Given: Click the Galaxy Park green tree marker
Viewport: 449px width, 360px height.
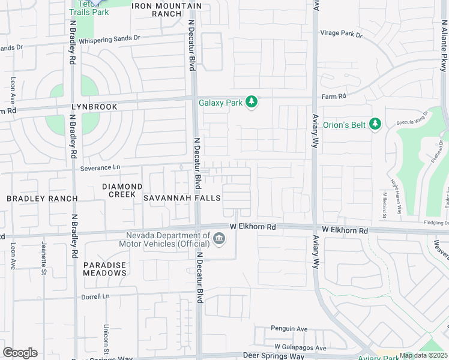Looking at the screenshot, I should click(x=252, y=103).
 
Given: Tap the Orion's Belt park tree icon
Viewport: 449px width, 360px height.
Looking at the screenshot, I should click(x=375, y=124).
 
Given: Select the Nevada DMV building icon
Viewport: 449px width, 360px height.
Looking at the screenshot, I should click(x=219, y=239).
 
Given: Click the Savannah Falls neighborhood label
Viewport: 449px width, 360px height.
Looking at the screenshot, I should click(x=181, y=198).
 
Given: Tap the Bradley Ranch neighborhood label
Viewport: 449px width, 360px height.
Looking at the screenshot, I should click(x=42, y=198).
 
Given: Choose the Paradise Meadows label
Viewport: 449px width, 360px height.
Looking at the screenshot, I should click(x=105, y=269).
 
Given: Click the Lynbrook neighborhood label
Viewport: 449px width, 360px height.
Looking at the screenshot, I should click(x=94, y=106).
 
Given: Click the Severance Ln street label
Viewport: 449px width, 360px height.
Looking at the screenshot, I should click(x=100, y=168).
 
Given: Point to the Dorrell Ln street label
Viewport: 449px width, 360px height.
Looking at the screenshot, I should click(x=96, y=296).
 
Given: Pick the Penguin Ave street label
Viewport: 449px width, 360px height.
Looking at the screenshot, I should click(x=289, y=329).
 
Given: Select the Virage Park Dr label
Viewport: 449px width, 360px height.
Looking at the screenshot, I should click(x=342, y=34).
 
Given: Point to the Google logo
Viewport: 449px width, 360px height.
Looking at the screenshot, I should click(x=20, y=353).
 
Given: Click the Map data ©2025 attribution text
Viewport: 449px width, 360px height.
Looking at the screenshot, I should click(x=422, y=356).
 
